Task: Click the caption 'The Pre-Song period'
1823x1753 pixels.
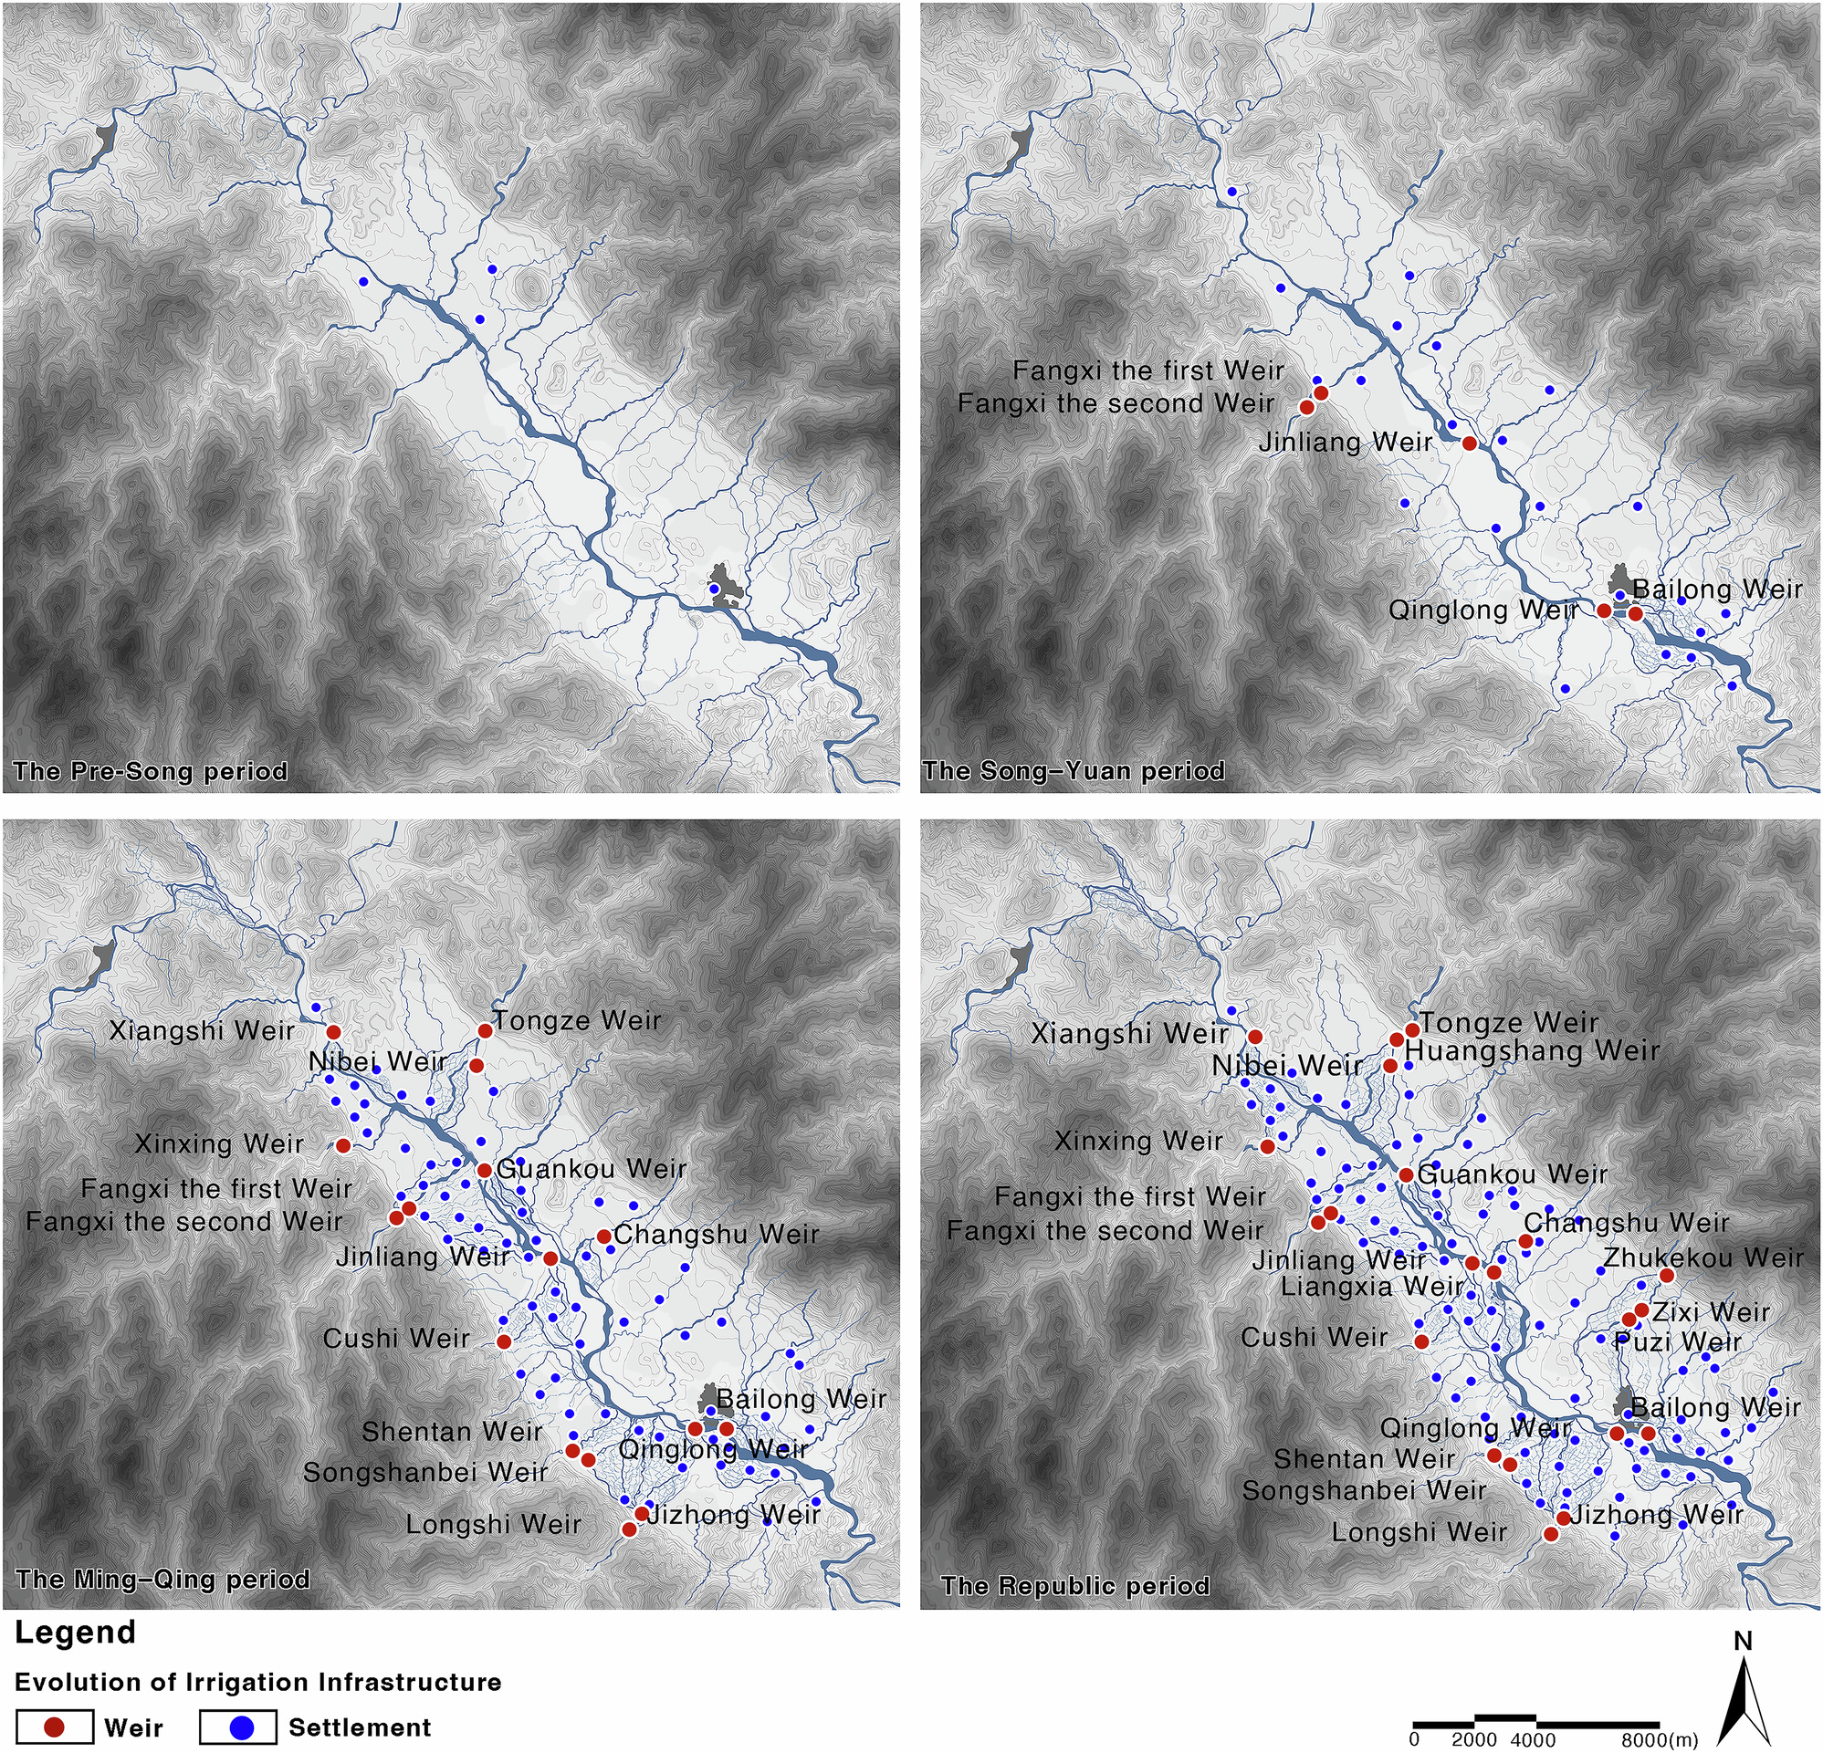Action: click(150, 771)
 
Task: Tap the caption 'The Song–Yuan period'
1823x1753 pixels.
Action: click(1074, 771)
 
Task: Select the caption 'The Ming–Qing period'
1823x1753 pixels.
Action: click(162, 1579)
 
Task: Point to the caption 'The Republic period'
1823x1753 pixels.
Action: click(1075, 1585)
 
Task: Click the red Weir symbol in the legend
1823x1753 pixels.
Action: click(55, 1727)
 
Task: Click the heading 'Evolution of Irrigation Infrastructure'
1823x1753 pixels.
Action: click(257, 1682)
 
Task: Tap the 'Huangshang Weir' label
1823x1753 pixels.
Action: click(1532, 1051)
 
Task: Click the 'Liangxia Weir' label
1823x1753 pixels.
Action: click(1372, 1287)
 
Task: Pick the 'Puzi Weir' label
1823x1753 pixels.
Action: click(1678, 1342)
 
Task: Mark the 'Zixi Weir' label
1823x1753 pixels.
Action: click(1711, 1312)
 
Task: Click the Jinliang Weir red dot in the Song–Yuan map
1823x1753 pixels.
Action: click(1470, 443)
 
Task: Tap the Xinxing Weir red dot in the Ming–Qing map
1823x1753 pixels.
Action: click(343, 1145)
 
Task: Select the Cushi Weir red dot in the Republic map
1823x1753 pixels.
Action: click(1421, 1341)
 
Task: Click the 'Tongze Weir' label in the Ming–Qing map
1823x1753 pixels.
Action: click(577, 1020)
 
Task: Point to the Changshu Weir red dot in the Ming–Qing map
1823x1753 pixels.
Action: click(603, 1236)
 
